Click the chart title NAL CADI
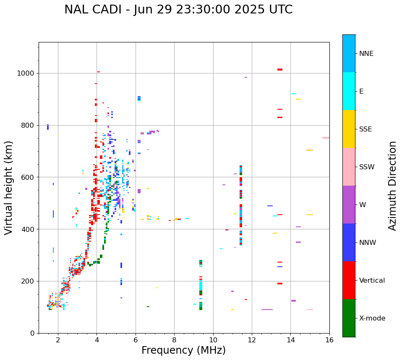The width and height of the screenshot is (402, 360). click(x=178, y=10)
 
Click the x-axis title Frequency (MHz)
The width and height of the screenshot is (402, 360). click(x=183, y=350)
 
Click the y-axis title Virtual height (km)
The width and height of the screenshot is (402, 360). click(x=9, y=187)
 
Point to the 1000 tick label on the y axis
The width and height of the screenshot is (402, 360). click(x=27, y=73)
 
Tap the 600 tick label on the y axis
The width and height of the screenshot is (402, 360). click(x=29, y=177)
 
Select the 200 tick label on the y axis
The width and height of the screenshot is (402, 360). click(x=29, y=281)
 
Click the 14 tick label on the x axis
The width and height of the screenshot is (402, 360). click(x=290, y=339)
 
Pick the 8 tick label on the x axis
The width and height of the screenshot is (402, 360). click(x=174, y=339)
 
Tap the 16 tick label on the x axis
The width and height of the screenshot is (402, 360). click(x=329, y=339)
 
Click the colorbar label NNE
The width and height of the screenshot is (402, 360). click(x=366, y=53)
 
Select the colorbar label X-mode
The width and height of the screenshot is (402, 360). click(x=372, y=318)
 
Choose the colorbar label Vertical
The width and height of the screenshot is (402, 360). click(x=372, y=280)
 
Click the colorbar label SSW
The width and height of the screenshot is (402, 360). click(x=367, y=167)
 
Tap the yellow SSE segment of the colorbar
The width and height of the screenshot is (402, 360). click(x=349, y=129)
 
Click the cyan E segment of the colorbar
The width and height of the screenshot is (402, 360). click(x=349, y=91)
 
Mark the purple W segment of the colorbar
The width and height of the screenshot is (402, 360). click(x=349, y=205)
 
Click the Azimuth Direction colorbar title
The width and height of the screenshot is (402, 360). click(x=392, y=186)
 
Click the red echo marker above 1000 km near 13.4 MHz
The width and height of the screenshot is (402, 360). click(x=280, y=69)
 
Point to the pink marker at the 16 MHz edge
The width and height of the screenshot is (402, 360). click(x=326, y=138)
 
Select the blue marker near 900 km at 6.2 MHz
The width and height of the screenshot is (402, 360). click(x=139, y=98)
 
